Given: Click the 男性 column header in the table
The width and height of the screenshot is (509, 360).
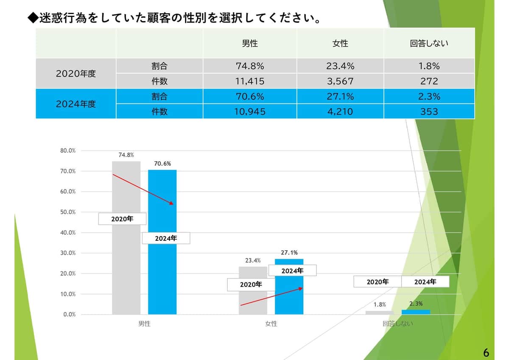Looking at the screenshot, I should click(x=250, y=43).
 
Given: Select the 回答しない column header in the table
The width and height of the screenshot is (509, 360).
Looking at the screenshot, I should click(x=429, y=43).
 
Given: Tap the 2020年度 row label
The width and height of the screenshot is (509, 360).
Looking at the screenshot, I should click(x=76, y=73).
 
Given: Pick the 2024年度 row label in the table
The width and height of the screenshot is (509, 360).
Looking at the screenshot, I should click(x=76, y=104).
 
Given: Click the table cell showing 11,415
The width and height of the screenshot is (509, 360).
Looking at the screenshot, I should click(x=250, y=81).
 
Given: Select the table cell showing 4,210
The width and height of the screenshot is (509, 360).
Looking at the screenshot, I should click(x=340, y=112).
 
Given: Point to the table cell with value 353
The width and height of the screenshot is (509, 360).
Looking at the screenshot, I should click(x=429, y=112).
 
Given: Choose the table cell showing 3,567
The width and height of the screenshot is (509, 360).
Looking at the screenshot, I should click(x=340, y=81).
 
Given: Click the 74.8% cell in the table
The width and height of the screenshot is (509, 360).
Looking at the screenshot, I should click(x=250, y=66).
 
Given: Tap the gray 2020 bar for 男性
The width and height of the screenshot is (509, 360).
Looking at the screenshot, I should click(x=126, y=271).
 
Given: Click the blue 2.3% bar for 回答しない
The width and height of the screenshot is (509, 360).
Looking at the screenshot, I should click(x=416, y=312).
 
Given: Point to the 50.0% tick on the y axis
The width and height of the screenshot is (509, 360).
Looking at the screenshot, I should click(x=67, y=212).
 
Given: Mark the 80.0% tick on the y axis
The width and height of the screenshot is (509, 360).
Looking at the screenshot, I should click(x=67, y=151).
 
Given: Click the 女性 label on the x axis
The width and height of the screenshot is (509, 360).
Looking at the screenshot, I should click(x=271, y=324).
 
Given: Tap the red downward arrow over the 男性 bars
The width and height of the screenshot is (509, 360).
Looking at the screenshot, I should click(x=143, y=189).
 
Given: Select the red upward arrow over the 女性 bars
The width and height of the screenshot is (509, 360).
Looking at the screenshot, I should click(x=271, y=296).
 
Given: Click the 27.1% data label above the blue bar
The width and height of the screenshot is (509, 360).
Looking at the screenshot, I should click(x=289, y=253).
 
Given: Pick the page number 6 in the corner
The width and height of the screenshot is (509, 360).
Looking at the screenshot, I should click(x=486, y=352).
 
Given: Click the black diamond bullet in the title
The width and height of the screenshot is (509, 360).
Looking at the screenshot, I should click(x=33, y=18).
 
